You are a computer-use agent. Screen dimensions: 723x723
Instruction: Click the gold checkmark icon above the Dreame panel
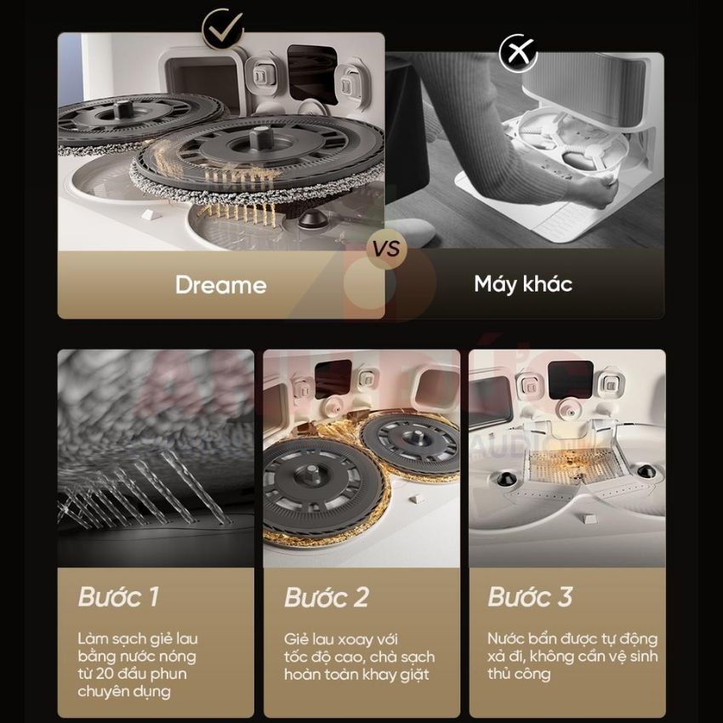click(x=223, y=29)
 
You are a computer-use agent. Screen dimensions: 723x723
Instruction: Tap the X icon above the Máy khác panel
click(x=518, y=53)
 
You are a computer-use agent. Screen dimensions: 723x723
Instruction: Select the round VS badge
click(x=386, y=249)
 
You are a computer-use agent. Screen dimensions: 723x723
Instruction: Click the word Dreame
click(x=221, y=285)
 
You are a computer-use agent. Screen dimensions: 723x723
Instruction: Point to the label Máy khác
click(x=523, y=284)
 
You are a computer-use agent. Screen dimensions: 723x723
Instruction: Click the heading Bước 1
click(x=119, y=596)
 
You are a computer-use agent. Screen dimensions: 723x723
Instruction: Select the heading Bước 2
click(x=327, y=597)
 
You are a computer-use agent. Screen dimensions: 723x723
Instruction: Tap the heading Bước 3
click(x=530, y=596)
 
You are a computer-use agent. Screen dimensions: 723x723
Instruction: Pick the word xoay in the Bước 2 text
click(x=355, y=640)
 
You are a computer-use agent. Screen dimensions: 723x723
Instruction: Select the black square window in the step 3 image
click(x=571, y=379)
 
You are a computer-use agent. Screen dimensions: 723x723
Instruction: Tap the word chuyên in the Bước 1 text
click(x=100, y=692)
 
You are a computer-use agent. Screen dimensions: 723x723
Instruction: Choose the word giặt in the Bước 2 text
click(x=413, y=675)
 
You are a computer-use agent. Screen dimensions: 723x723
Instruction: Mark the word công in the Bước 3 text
click(x=535, y=675)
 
